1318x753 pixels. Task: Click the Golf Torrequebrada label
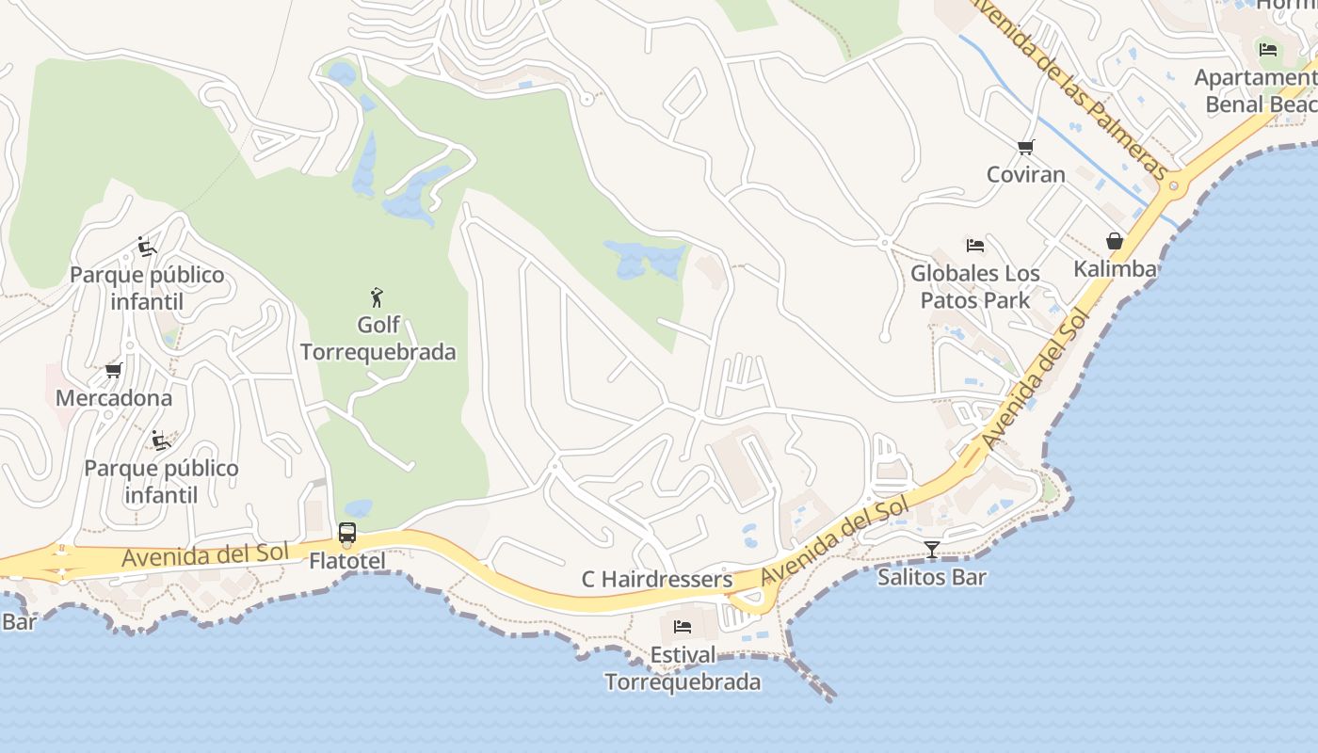(x=378, y=339)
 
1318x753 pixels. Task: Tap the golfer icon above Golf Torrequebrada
(x=378, y=297)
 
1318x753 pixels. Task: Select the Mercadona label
(x=114, y=398)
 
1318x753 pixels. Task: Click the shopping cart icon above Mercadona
(x=114, y=371)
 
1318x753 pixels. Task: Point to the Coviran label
(x=1026, y=174)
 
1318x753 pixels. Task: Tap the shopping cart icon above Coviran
(x=1026, y=147)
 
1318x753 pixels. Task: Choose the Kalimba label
(x=1115, y=269)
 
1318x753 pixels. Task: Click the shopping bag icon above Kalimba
(x=1115, y=242)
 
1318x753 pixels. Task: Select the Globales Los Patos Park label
(x=975, y=287)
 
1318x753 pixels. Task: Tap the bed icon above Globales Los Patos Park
(x=975, y=246)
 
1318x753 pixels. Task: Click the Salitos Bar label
(x=932, y=577)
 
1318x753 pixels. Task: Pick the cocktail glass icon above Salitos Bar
(x=932, y=549)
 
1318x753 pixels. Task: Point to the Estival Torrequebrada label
(x=683, y=668)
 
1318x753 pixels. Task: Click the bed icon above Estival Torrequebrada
(x=683, y=626)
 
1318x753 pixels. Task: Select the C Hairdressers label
(x=657, y=580)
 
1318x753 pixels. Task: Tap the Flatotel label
(x=347, y=561)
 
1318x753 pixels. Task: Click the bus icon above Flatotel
(x=347, y=533)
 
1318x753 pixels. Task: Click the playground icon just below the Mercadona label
(x=161, y=440)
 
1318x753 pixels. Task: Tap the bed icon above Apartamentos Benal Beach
(x=1268, y=49)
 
